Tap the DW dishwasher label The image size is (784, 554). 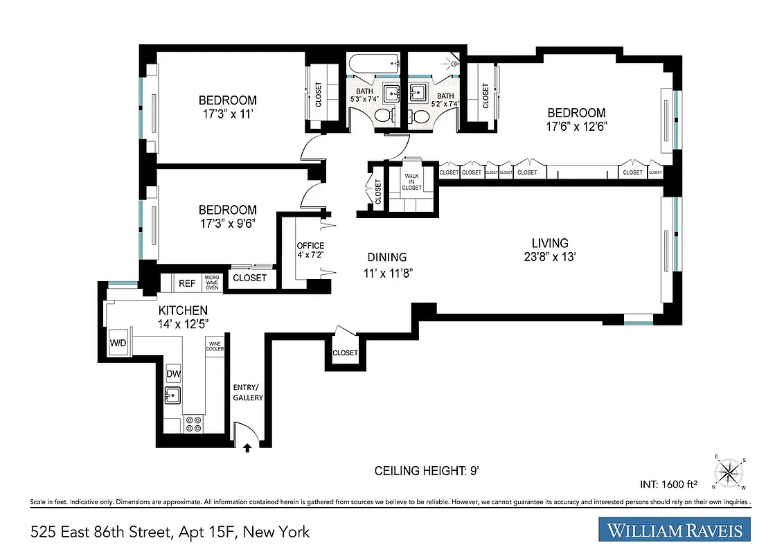pyautogui.click(x=173, y=374)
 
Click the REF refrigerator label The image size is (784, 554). pyautogui.click(x=187, y=283)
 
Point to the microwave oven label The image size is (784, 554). pyautogui.click(x=212, y=283)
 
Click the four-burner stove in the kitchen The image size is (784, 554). pyautogui.click(x=195, y=424)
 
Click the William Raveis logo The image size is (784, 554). pyautogui.click(x=675, y=530)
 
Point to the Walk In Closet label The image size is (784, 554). pyautogui.click(x=411, y=182)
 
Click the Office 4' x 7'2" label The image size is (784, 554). pyautogui.click(x=310, y=250)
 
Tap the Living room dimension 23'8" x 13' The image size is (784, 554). pyautogui.click(x=550, y=256)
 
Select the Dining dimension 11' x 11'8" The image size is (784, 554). pyautogui.click(x=388, y=272)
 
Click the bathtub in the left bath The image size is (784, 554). pyautogui.click(x=375, y=64)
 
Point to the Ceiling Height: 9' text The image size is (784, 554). pyautogui.click(x=427, y=471)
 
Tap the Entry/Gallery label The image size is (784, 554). pyautogui.click(x=248, y=392)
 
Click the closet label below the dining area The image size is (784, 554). pyautogui.click(x=345, y=353)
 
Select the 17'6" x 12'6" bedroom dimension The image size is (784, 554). pyautogui.click(x=576, y=126)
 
